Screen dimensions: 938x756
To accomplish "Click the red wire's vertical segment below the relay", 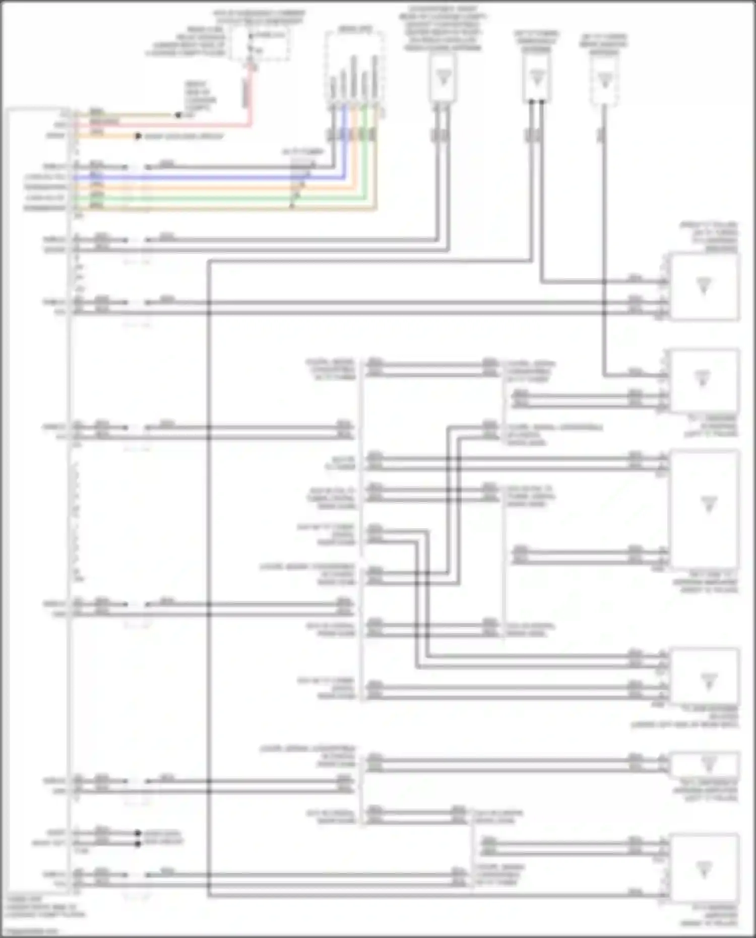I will [x=247, y=93].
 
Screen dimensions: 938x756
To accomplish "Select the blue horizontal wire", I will [x=202, y=177].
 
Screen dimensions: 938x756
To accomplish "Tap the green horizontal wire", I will [x=202, y=198].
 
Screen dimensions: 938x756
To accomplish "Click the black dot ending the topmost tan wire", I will [x=178, y=115].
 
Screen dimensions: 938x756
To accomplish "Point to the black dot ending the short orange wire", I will [x=138, y=136].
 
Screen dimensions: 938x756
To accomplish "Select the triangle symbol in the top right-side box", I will [x=704, y=286].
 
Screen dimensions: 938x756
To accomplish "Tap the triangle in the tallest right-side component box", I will [x=708, y=504].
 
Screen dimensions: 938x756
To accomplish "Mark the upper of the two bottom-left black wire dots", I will [x=138, y=833].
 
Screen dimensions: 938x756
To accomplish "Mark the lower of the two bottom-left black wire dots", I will [x=138, y=843].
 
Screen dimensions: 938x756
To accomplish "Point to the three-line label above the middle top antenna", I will [x=536, y=41].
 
